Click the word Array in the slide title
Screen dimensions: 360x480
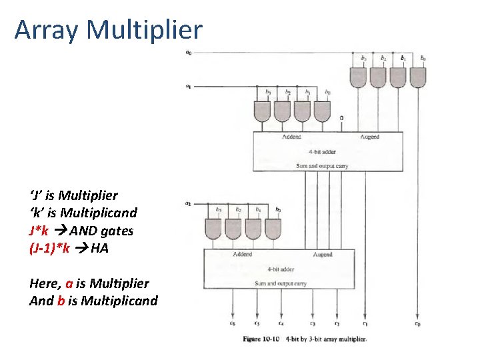pyautogui.click(x=47, y=30)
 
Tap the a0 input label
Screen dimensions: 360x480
pyautogui.click(x=189, y=53)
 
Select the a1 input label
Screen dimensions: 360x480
pyautogui.click(x=189, y=85)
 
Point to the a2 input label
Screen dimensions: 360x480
pyautogui.click(x=189, y=203)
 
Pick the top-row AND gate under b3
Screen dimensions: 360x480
pyautogui.click(x=363, y=77)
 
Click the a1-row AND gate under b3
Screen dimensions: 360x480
pyautogui.click(x=263, y=110)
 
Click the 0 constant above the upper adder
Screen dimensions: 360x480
pyautogui.click(x=341, y=119)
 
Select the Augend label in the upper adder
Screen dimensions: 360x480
pyautogui.click(x=369, y=137)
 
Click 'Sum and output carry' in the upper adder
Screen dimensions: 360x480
pyautogui.click(x=323, y=165)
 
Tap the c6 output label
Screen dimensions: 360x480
pyautogui.click(x=232, y=323)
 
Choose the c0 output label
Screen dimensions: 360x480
pyautogui.click(x=417, y=323)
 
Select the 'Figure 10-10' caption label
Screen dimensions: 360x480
pyautogui.click(x=261, y=339)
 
